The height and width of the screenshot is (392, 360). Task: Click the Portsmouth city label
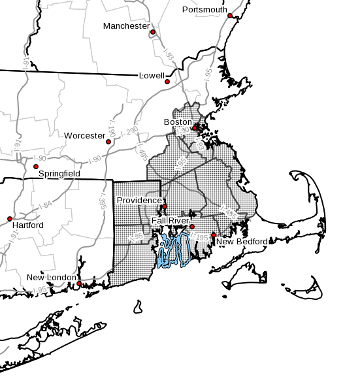[x=205, y=10]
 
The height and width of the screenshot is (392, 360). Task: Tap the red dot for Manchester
[x=153, y=32]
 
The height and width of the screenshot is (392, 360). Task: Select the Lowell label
[x=152, y=76]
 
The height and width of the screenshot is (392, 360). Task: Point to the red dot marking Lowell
[x=167, y=82]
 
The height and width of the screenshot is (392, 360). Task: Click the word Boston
[x=178, y=122]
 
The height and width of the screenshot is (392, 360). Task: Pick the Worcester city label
[x=84, y=136]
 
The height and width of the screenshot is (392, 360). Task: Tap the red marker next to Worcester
[x=108, y=142]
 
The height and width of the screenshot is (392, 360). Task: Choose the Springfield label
[x=59, y=174]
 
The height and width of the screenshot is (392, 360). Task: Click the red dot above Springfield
[x=36, y=167]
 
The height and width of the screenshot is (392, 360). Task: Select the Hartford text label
[x=27, y=225]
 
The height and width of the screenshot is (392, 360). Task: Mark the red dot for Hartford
[x=10, y=219]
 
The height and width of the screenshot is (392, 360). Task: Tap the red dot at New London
[x=79, y=284]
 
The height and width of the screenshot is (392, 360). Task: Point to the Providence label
[x=139, y=200]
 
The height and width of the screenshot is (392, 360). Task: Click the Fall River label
[x=169, y=221]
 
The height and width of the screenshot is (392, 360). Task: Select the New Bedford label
[x=242, y=242]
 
